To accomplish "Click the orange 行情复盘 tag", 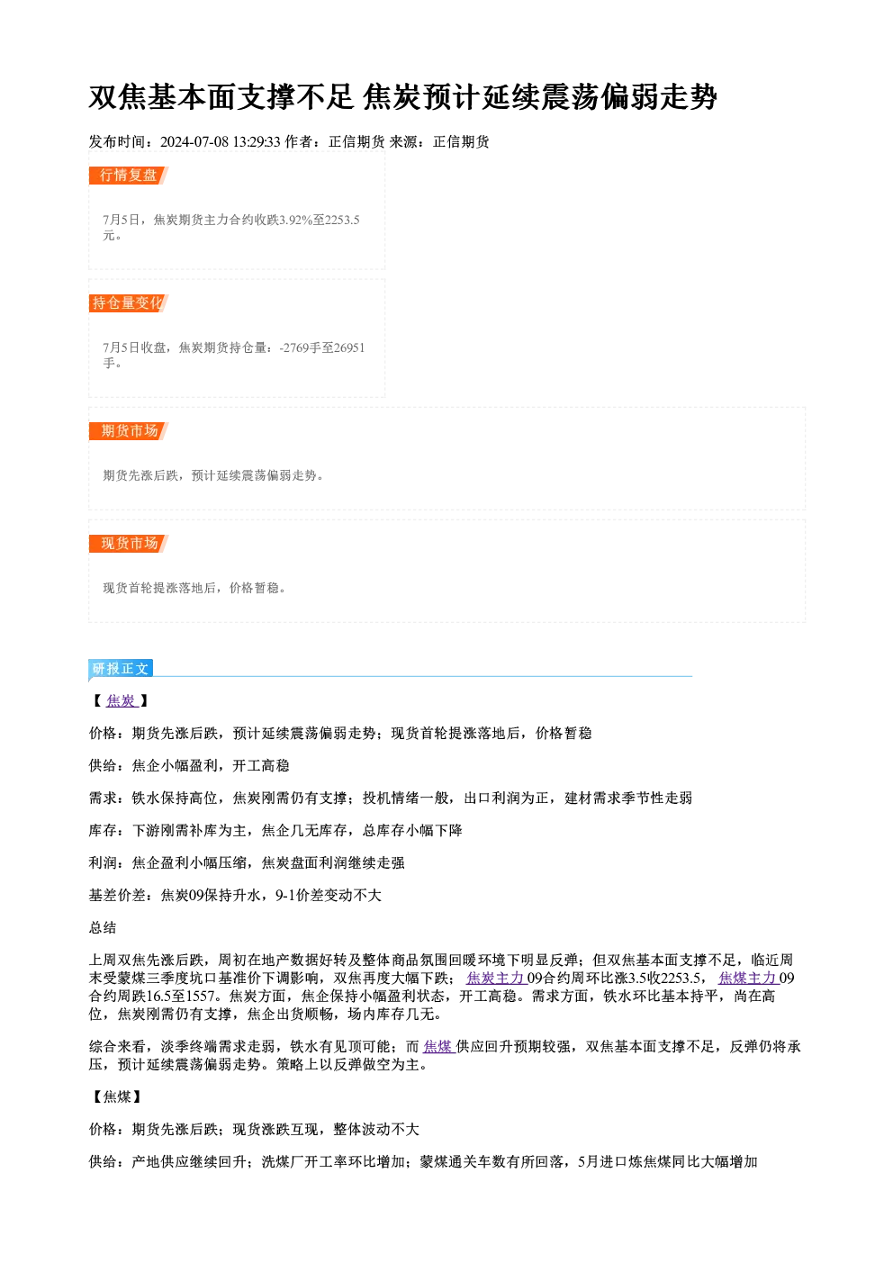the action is click(x=129, y=176).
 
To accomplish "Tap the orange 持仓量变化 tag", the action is click(x=129, y=303).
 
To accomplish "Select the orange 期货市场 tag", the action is click(x=129, y=431).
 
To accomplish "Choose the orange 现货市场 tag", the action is click(x=129, y=544).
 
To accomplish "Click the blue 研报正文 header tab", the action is click(x=121, y=669).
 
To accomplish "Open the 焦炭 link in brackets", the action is click(x=122, y=701).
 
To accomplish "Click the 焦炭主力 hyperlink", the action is click(x=495, y=979).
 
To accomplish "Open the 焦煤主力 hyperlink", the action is click(x=747, y=979).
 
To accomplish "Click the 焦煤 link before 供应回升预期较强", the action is click(x=438, y=1047).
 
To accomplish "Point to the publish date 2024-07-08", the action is click(x=194, y=141).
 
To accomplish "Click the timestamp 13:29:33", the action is click(x=257, y=141).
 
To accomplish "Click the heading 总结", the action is click(x=103, y=927).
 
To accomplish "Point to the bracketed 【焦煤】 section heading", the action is click(x=117, y=1096).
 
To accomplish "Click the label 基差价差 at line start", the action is click(x=117, y=896).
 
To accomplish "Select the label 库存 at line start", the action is click(x=103, y=831).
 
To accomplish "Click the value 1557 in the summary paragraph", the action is click(x=200, y=997).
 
